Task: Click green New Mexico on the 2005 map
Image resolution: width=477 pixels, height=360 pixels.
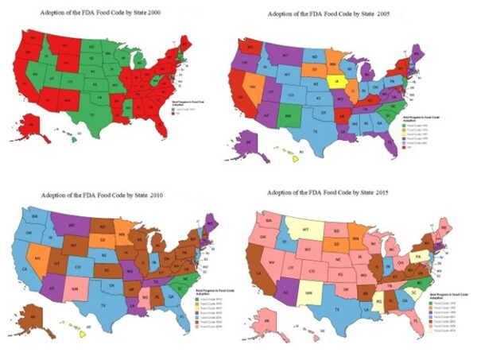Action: (x=291, y=118)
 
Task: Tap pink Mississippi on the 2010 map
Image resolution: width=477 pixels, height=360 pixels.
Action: (x=143, y=298)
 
